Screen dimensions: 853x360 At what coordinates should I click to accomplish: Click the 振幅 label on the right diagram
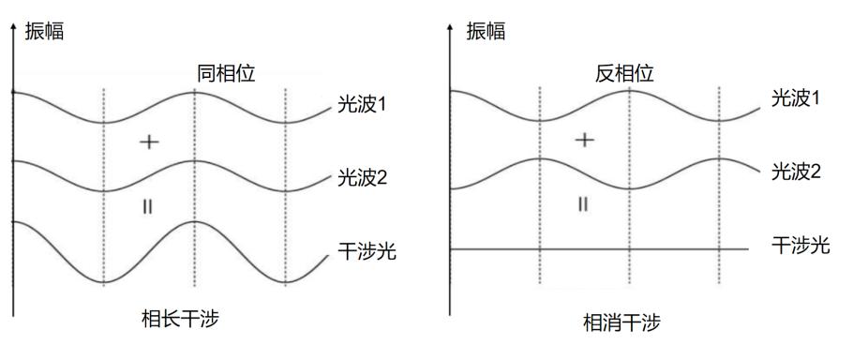pyautogui.click(x=486, y=32)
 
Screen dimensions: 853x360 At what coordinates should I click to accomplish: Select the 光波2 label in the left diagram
pyautogui.click(x=361, y=179)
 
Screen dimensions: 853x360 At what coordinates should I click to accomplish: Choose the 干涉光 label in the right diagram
pyautogui.click(x=801, y=246)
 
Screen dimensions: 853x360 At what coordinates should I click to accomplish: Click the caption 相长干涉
pyautogui.click(x=190, y=320)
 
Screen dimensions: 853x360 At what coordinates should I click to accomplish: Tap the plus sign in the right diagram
pyautogui.click(x=584, y=140)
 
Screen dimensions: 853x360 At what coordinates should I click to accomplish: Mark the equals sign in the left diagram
pyautogui.click(x=146, y=205)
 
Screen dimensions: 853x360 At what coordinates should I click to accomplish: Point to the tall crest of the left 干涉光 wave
pyautogui.click(x=193, y=222)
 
